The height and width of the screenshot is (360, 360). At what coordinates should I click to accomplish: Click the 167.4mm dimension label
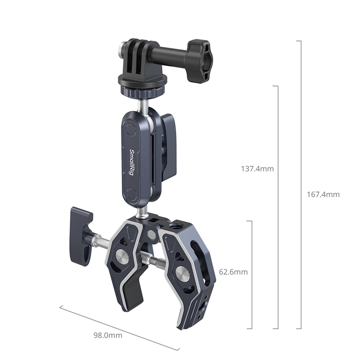tap(324, 194)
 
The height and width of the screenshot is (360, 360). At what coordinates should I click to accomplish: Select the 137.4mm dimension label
tap(257, 169)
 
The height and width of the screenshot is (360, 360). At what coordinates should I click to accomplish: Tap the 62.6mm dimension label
tap(233, 272)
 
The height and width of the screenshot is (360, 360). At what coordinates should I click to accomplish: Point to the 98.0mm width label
tap(108, 335)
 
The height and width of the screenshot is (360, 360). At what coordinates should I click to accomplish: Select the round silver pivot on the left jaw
tap(121, 256)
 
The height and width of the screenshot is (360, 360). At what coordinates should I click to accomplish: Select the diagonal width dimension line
tap(119, 327)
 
